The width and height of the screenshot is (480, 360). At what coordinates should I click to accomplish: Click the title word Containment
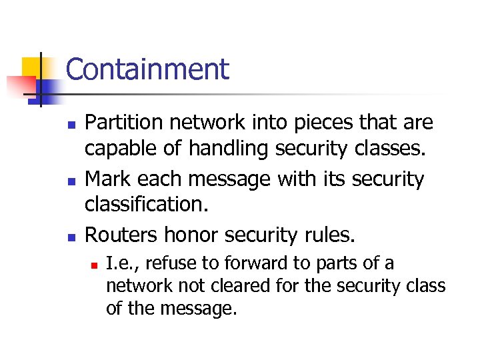(x=147, y=69)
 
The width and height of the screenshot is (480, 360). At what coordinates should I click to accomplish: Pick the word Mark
(x=105, y=179)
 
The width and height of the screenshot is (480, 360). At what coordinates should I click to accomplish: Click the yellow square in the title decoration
(x=33, y=67)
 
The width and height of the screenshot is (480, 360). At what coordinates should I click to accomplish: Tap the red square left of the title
(x=20, y=85)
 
